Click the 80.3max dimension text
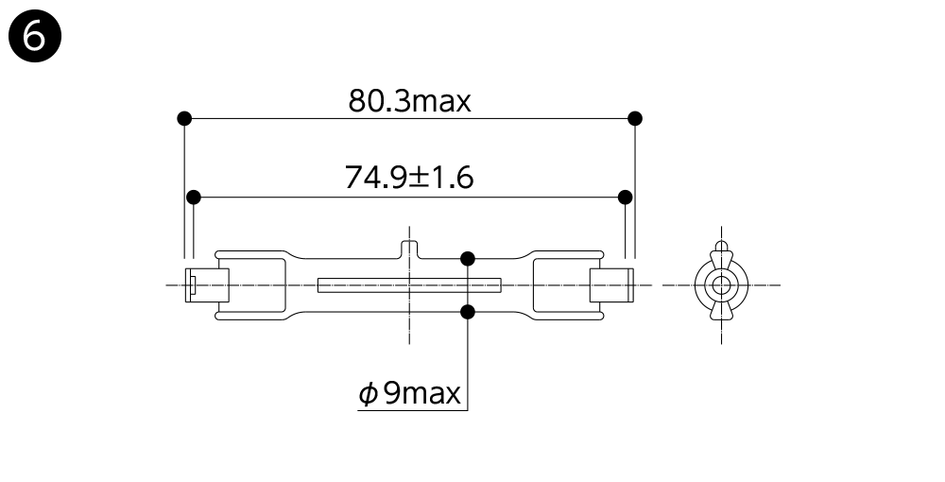pos(409,100)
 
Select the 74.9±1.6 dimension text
pos(409,178)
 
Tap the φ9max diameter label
pos(410,393)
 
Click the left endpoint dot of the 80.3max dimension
pos(184,118)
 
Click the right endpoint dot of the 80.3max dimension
pos(635,118)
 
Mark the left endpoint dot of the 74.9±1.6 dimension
pos(194,197)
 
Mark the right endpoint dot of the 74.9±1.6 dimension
pos(626,197)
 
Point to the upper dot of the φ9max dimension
pos(468,259)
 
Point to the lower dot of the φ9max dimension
pos(468,312)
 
